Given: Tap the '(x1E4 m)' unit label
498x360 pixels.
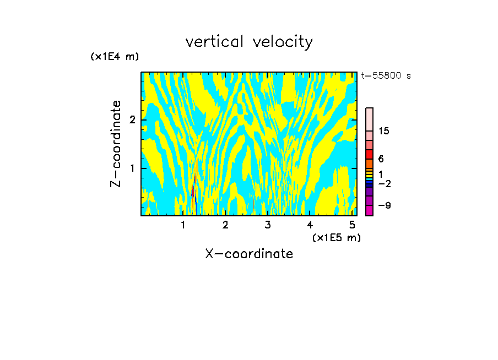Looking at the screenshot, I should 115,57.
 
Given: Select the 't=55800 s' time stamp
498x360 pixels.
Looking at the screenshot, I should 386,76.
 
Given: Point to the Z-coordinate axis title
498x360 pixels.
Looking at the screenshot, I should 116,144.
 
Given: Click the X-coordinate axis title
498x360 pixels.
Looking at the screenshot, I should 249,254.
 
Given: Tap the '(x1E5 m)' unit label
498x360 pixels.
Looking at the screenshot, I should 336,237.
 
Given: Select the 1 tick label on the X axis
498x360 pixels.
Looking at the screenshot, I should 183,225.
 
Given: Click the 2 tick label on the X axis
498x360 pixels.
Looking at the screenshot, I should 225,225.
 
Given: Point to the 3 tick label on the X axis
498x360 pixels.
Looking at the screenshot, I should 268,225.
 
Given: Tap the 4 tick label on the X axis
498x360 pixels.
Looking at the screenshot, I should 310,225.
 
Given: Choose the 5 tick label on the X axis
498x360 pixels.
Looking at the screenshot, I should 352,225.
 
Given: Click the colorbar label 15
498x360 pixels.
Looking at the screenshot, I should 384,131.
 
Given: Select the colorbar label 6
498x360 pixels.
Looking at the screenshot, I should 381,159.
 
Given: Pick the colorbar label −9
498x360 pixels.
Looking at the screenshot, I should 384,205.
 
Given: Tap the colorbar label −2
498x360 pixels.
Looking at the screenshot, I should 384,183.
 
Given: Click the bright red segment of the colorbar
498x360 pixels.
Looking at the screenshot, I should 369,154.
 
